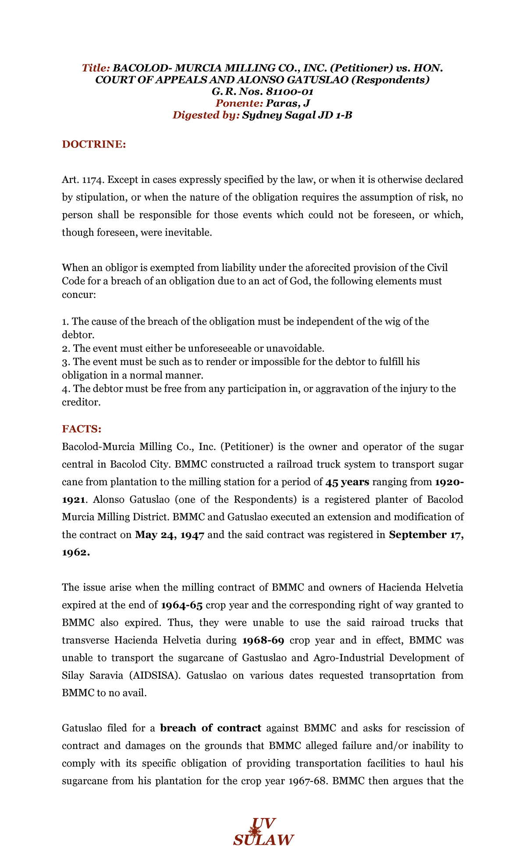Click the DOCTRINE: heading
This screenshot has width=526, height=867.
94,144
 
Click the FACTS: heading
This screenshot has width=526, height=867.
82,429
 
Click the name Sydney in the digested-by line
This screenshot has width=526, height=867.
260,115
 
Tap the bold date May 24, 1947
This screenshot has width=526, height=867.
170,535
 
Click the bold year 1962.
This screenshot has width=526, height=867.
76,552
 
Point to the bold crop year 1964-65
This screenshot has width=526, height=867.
182,605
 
